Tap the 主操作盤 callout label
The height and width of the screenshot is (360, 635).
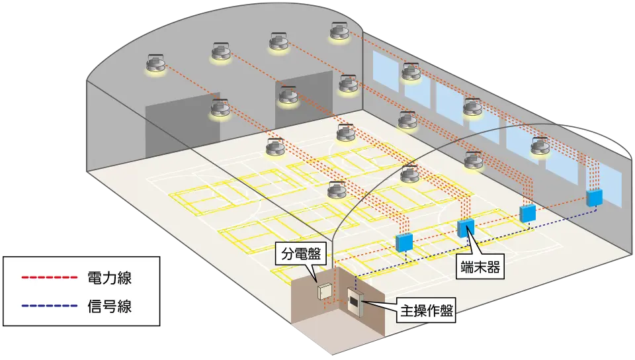(x=426, y=312)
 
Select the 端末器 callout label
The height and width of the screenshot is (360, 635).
(x=479, y=267)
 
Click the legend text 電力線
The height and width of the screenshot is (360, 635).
(x=110, y=278)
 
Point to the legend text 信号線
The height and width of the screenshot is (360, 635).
(x=110, y=306)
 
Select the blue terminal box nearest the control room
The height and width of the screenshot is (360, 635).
(x=403, y=242)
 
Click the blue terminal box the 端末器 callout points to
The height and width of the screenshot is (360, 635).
(x=466, y=227)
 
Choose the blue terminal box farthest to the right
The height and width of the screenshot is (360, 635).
(x=594, y=197)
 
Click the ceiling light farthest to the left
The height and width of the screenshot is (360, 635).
(x=157, y=64)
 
